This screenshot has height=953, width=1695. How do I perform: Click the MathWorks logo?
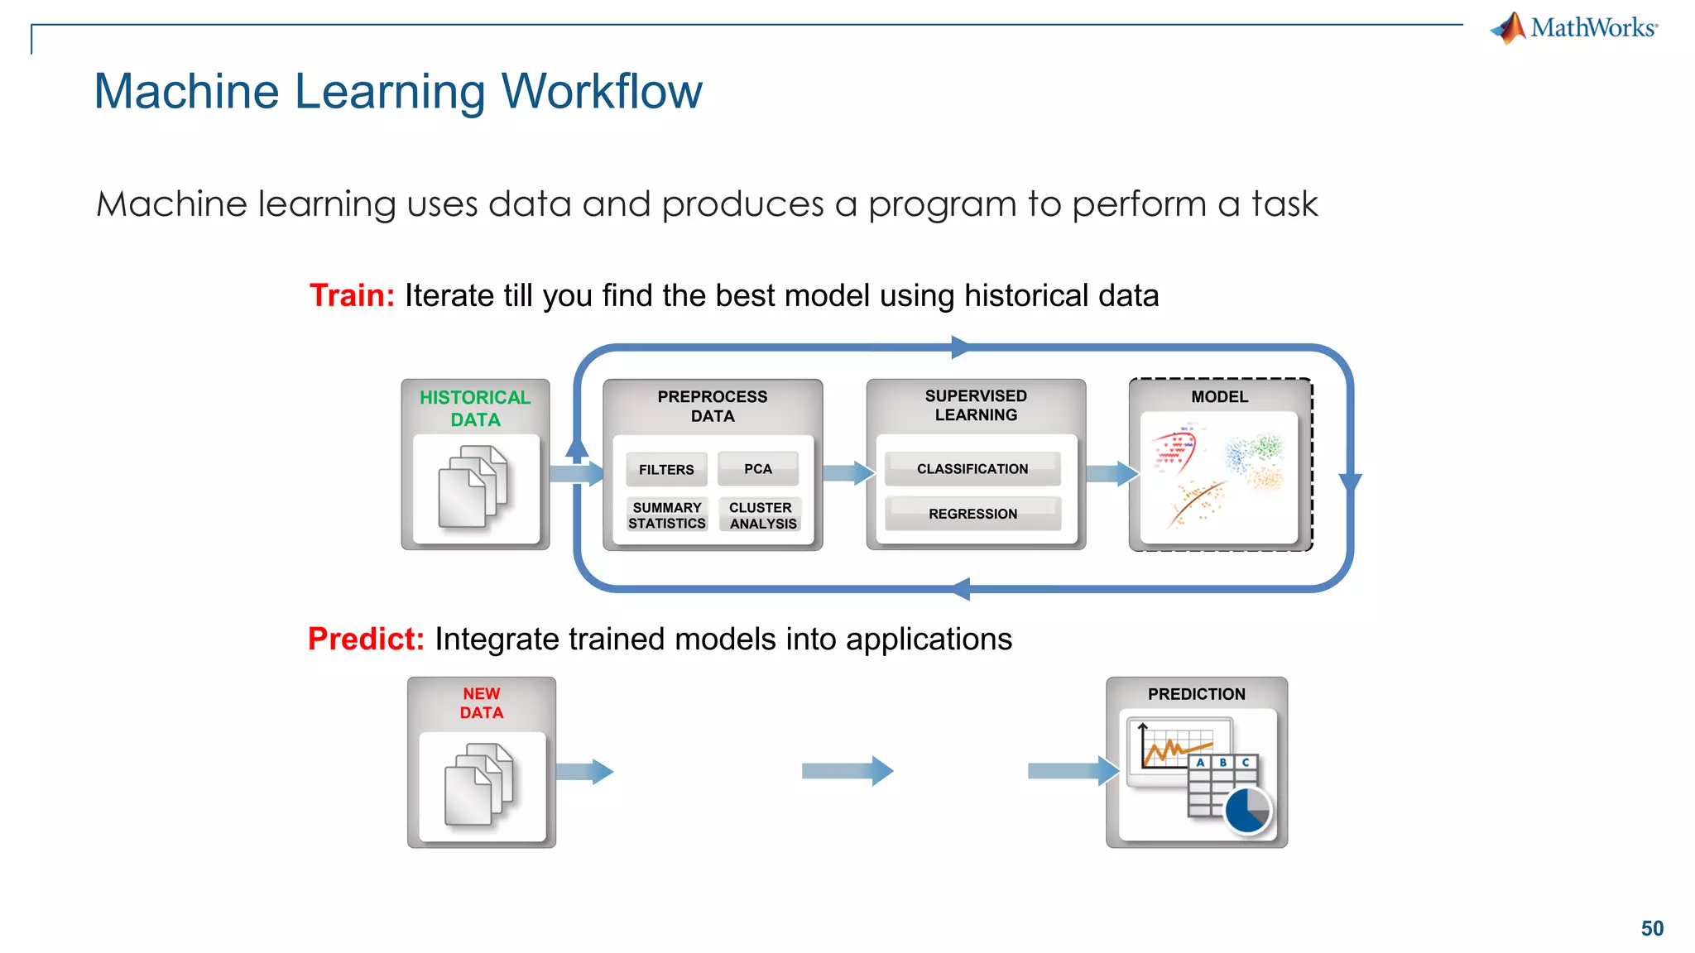click(1573, 27)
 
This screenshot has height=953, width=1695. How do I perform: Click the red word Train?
click(352, 295)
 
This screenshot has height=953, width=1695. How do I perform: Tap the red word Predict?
click(366, 639)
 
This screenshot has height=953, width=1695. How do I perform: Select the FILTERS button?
click(666, 469)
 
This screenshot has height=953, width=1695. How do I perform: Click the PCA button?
click(757, 468)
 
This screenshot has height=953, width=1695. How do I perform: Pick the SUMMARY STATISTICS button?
click(667, 515)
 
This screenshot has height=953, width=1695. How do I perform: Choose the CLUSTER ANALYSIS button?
click(761, 515)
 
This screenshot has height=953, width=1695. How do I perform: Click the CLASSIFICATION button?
click(972, 469)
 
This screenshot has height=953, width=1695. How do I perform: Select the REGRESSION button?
click(972, 514)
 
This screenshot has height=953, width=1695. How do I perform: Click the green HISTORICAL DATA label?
click(475, 408)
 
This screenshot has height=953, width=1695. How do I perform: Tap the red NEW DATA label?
click(482, 703)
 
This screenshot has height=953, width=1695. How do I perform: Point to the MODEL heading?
click(1219, 397)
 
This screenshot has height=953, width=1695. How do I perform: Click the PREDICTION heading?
click(1196, 694)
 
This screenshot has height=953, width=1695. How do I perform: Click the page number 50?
click(1652, 928)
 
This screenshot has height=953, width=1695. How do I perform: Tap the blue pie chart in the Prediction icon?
click(1247, 811)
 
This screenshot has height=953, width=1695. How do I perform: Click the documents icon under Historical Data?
click(473, 486)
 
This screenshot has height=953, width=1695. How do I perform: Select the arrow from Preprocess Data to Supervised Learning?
click(847, 473)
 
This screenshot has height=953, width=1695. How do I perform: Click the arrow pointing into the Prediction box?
click(1072, 771)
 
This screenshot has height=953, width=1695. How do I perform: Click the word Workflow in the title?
click(602, 91)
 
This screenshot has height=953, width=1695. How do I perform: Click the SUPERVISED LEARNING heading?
click(976, 405)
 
